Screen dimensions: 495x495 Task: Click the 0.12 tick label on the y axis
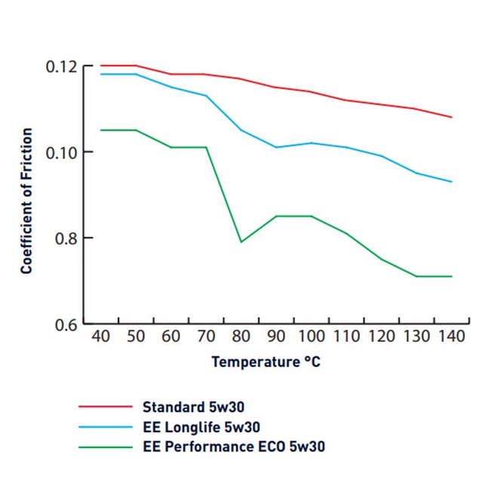[x=58, y=66]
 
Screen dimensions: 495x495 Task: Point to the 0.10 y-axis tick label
[x=58, y=152]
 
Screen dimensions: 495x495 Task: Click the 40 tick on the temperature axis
[x=100, y=337]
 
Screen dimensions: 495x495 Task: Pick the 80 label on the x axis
[x=241, y=337]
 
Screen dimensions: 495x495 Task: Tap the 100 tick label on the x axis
[x=311, y=337]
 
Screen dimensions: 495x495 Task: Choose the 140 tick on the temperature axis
[x=451, y=337]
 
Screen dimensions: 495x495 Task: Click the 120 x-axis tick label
[x=381, y=337]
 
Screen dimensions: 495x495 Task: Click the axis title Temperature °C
[x=266, y=361]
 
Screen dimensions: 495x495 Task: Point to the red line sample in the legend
[x=106, y=407]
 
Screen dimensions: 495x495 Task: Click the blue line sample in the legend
[x=106, y=427]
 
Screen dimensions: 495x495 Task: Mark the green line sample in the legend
[x=106, y=447]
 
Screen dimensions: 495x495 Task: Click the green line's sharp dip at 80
[x=241, y=241]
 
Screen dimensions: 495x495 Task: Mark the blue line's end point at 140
[x=451, y=182]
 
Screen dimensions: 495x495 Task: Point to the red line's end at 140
[x=451, y=117]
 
